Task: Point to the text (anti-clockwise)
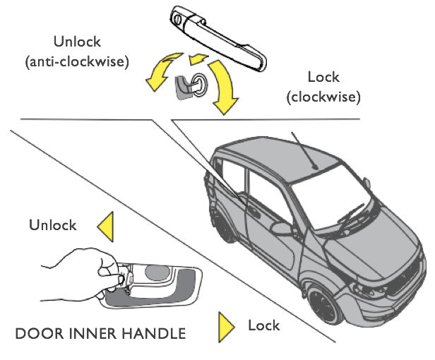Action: click(76, 61)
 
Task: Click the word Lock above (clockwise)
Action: click(323, 77)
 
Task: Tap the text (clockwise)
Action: click(324, 95)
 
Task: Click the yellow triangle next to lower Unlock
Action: click(106, 227)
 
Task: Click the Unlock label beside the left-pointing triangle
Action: click(52, 225)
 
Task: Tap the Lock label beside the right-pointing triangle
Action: click(263, 325)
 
